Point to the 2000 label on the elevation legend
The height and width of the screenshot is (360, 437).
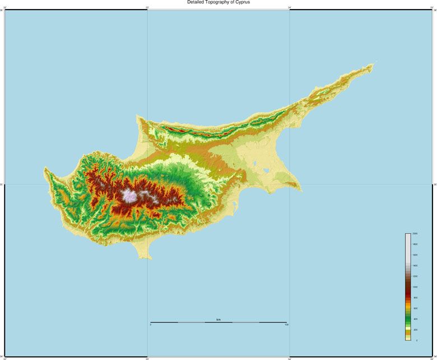(x=415, y=233)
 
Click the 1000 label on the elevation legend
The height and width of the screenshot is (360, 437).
(x=415, y=287)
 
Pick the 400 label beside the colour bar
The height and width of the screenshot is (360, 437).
(x=415, y=319)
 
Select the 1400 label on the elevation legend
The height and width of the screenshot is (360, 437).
(x=415, y=265)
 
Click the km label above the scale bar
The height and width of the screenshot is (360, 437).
(x=218, y=320)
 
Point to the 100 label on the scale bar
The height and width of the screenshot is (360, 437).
(x=286, y=325)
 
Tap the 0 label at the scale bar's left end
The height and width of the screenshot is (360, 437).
(x=151, y=325)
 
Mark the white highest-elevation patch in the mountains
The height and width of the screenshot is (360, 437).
(x=129, y=196)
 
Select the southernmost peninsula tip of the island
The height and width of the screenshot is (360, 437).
(x=144, y=259)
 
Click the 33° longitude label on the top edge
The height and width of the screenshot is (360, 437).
(x=147, y=7)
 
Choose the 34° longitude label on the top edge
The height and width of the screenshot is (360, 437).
(x=290, y=7)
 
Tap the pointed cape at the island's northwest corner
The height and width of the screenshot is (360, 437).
(x=137, y=117)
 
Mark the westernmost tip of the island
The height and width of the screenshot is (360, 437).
(x=45, y=168)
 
